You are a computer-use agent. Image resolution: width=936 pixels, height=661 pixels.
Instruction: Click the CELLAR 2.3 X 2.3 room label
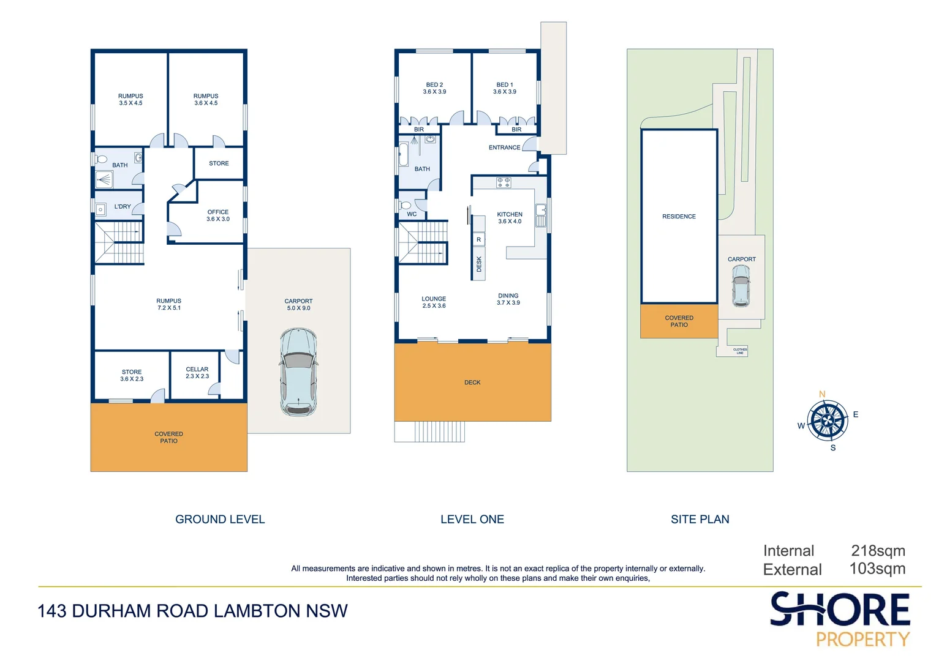[x=197, y=373]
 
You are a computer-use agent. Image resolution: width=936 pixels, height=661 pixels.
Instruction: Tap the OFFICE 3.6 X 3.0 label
[x=218, y=215]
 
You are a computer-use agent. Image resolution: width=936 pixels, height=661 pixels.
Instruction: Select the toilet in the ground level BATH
[x=100, y=159]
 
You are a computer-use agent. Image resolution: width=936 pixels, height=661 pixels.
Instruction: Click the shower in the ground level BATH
[x=104, y=180]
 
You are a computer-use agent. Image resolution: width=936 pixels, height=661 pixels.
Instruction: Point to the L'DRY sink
[x=100, y=209]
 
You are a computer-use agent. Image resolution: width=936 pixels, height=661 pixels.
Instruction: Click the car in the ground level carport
[x=298, y=373]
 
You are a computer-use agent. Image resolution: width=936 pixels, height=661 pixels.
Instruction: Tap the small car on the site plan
[x=741, y=286]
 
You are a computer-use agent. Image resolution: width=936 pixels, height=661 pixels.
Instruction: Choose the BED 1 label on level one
[x=505, y=88]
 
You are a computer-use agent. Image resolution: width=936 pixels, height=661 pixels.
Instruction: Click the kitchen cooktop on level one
[x=504, y=182]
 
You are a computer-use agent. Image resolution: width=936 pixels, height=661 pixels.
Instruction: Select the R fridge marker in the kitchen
[x=479, y=240]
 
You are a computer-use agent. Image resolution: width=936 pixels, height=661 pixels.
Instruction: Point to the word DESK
[x=479, y=264]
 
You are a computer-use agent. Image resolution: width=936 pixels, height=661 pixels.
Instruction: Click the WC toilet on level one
[x=405, y=206]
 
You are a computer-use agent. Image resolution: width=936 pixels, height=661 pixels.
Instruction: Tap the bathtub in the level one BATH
[x=404, y=154]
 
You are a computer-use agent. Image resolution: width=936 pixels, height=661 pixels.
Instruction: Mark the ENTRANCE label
[x=504, y=148]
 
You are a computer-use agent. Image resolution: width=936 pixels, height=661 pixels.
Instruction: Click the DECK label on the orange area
[x=473, y=383]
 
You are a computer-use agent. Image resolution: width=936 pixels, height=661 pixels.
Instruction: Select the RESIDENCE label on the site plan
[x=679, y=216]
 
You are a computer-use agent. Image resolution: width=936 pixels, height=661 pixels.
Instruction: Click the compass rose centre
[x=828, y=420]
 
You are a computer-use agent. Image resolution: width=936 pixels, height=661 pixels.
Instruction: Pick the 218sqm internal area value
[x=878, y=551]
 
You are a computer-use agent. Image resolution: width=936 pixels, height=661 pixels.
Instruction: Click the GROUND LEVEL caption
[x=220, y=519]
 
